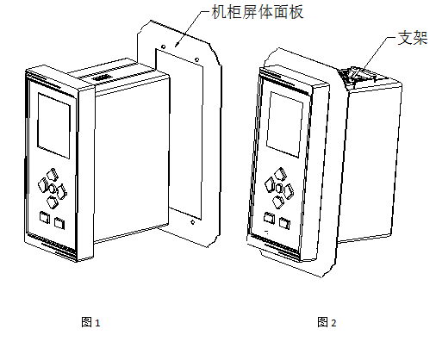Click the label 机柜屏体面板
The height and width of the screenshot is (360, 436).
click(x=258, y=13)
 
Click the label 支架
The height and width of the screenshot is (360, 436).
click(x=413, y=38)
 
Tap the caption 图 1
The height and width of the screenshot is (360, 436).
click(x=90, y=322)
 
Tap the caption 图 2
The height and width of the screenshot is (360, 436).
click(x=327, y=322)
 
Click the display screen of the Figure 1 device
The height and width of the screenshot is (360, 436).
click(x=54, y=126)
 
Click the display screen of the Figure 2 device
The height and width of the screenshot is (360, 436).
click(x=284, y=124)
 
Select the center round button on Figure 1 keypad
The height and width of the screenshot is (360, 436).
click(x=53, y=189)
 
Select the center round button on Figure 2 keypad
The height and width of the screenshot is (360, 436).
click(x=279, y=189)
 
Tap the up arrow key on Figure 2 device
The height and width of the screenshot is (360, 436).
click(x=280, y=174)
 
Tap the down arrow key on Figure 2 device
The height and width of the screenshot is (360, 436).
click(x=278, y=202)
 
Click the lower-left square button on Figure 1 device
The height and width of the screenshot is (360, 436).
click(x=45, y=217)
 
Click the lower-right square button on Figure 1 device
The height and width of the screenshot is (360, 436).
click(x=59, y=223)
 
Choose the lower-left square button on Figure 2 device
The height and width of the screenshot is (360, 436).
click(x=269, y=218)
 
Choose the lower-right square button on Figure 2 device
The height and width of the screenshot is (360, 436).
click(x=284, y=223)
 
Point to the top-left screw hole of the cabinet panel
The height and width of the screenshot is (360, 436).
click(x=163, y=47)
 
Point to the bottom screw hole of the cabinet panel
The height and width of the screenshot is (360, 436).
click(x=192, y=222)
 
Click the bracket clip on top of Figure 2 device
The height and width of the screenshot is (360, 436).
click(x=355, y=74)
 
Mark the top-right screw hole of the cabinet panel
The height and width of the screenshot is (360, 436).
click(x=196, y=59)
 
